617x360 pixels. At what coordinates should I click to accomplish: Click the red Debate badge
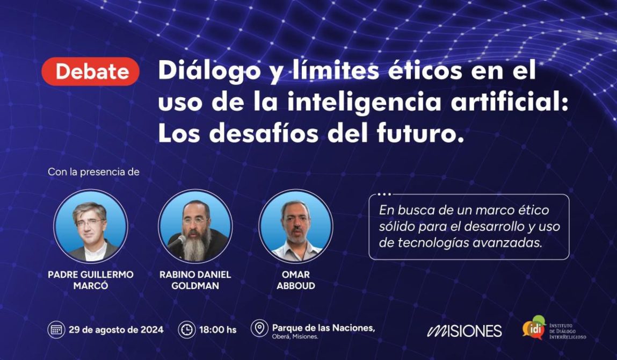[x=91, y=71]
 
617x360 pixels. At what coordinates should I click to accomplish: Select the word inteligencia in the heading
[x=365, y=103]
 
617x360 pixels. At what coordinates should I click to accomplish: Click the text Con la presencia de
[x=93, y=172]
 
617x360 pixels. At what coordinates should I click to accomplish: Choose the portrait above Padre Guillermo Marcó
[x=91, y=226]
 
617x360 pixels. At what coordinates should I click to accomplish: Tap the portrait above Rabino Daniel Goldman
[x=195, y=226]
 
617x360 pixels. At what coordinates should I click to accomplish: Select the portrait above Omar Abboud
[x=296, y=226]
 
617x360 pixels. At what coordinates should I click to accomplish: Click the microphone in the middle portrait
[x=176, y=241]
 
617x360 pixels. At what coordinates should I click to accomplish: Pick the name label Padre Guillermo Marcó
[x=91, y=280]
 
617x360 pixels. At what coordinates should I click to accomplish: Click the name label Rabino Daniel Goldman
[x=195, y=280]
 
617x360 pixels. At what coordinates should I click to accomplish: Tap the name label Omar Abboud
[x=296, y=280]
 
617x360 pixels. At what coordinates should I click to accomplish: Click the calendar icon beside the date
[x=56, y=330]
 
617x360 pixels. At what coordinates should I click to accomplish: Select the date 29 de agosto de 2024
[x=116, y=330]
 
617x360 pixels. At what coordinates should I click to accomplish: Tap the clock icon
[x=187, y=330]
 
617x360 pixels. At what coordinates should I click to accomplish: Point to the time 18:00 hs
[x=218, y=330]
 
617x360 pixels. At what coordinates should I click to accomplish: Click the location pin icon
[x=260, y=328]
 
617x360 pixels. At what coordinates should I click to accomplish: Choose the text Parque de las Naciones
[x=323, y=328]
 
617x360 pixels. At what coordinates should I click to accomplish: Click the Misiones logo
[x=464, y=331]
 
